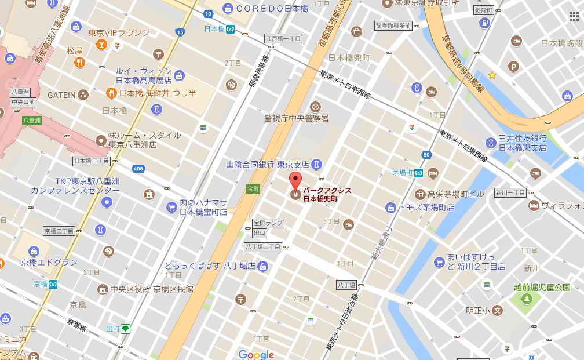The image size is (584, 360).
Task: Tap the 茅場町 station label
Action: (402, 173)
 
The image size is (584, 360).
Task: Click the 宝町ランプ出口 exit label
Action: (268, 228)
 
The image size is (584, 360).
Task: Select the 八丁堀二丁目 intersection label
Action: (262, 247)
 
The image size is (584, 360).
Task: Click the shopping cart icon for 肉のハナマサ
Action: (171, 206)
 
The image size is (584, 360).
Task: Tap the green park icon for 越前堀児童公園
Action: (527, 299)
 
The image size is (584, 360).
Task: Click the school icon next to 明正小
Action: (497, 311)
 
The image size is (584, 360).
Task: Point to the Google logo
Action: (256, 354)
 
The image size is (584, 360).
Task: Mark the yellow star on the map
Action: (492, 75)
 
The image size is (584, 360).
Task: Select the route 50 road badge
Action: (427, 155)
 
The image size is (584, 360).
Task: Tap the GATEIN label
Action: (61, 94)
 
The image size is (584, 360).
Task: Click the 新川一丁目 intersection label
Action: (510, 192)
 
